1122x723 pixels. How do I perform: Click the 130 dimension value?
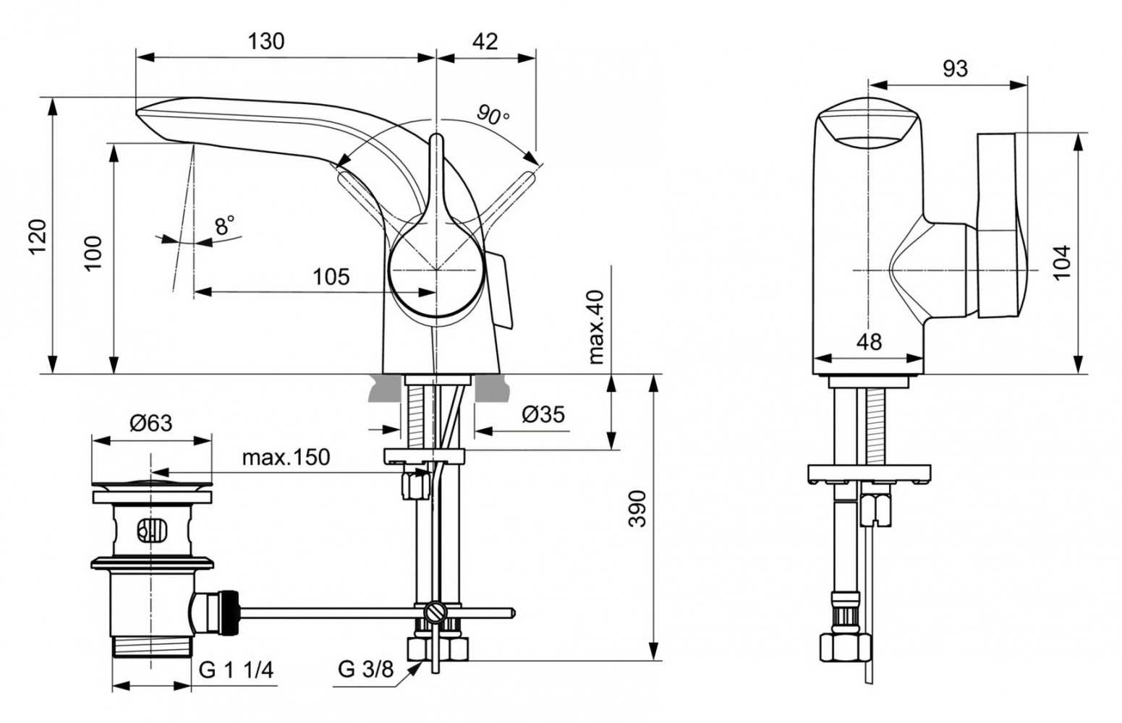click(x=266, y=41)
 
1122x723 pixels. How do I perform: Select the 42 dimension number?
click(x=485, y=41)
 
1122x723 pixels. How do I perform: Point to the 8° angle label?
click(x=225, y=226)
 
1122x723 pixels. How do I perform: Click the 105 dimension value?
click(x=331, y=276)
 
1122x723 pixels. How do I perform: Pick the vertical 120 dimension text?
click(x=37, y=236)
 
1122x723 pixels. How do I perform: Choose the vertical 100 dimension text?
click(x=94, y=252)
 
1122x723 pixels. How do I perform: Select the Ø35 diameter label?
click(x=543, y=414)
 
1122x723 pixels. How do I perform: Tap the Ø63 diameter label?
click(x=151, y=422)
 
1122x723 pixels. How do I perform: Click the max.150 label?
click(x=285, y=457)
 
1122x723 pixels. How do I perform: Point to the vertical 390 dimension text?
click(x=637, y=508)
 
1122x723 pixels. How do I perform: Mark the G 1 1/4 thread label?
click(x=236, y=670)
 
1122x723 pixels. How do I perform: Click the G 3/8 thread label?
click(x=365, y=670)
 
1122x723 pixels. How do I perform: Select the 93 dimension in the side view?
click(x=955, y=68)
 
